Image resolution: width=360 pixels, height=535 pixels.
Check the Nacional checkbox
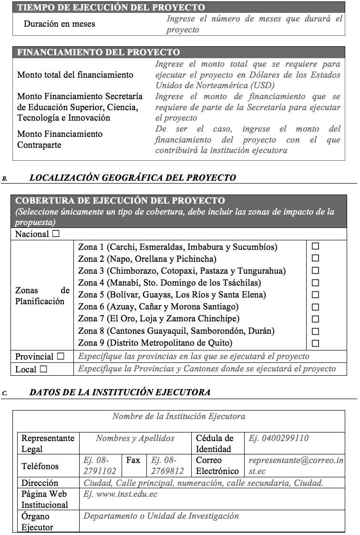[56, 234]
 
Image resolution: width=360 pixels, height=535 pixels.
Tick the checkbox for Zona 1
[315, 247]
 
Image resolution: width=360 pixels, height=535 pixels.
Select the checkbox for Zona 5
[315, 295]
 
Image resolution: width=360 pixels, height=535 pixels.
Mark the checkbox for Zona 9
[315, 343]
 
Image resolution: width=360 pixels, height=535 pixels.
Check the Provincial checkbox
[61, 356]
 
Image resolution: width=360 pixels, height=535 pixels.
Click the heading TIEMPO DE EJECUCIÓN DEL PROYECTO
[111, 8]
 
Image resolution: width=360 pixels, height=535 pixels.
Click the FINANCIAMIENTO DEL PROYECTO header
[99, 52]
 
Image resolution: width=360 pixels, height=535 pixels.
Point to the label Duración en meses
[59, 23]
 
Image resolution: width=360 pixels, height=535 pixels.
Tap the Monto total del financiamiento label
[75, 75]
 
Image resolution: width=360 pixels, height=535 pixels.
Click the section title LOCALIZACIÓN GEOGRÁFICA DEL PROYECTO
[133, 178]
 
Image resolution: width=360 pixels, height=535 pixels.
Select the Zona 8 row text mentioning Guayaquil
[176, 330]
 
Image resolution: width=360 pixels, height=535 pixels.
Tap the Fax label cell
[133, 460]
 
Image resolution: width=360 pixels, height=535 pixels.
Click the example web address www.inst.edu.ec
[120, 494]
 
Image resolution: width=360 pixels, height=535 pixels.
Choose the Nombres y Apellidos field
[135, 438]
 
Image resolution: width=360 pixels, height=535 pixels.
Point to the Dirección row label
[40, 483]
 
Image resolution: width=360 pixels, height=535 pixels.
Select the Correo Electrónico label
[217, 465]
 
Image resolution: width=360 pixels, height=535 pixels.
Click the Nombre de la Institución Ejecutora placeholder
[179, 416]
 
